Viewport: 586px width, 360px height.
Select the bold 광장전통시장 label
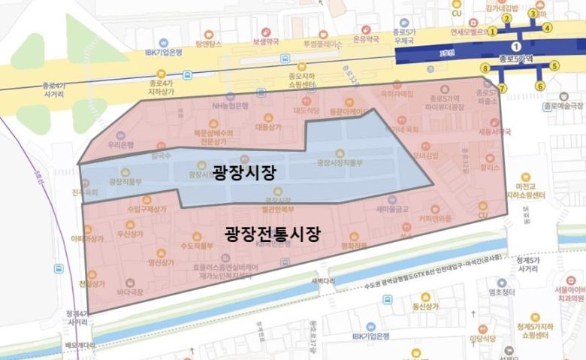tap(273, 234)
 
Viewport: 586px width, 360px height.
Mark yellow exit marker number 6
tap(539, 86)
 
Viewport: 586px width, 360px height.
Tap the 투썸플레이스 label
tap(322, 44)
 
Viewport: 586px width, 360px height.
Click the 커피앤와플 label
tap(436, 219)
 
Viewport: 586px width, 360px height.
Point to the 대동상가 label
tap(267, 128)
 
